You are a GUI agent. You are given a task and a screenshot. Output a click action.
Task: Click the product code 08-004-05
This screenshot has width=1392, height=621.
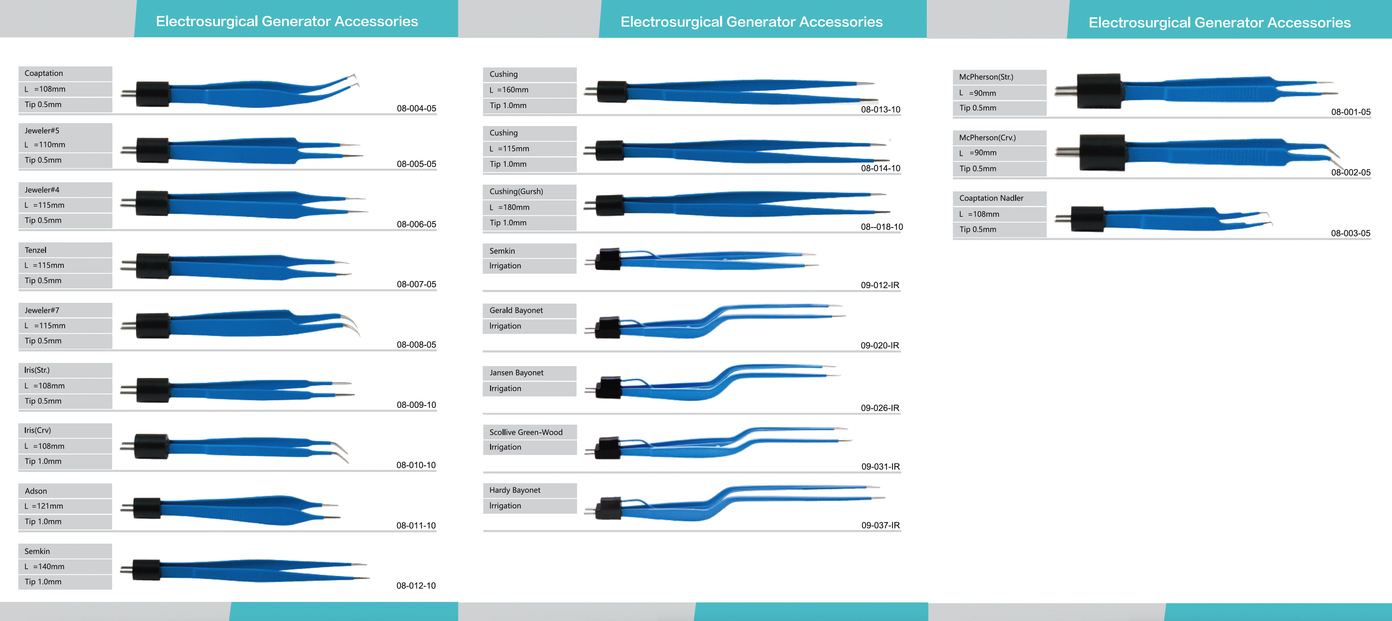[416, 108]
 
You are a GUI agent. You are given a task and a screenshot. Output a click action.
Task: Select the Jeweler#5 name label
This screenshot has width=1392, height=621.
[42, 130]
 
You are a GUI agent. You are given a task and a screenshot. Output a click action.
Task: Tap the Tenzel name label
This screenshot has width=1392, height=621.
[36, 250]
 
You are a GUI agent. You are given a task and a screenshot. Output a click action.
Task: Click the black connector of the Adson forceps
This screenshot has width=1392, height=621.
[147, 508]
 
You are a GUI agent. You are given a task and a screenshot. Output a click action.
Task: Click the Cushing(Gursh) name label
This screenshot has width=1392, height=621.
[516, 191]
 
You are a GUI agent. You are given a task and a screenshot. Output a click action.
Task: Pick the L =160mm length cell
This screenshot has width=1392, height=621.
[509, 90]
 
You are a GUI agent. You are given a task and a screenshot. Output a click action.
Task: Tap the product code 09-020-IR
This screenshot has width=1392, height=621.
[880, 345]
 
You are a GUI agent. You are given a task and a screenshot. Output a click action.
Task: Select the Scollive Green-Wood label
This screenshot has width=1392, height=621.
[526, 432]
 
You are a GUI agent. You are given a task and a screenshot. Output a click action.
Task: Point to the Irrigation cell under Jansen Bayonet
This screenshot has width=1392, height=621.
[505, 388]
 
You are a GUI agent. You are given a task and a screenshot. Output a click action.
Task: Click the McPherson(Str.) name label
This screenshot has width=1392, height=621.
[986, 77]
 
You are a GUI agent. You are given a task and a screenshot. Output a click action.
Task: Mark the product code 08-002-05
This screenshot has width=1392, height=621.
[1350, 172]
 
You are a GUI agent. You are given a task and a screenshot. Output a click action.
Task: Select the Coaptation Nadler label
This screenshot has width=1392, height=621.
[991, 198]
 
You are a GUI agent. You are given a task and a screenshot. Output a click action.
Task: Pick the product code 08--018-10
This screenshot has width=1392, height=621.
[881, 227]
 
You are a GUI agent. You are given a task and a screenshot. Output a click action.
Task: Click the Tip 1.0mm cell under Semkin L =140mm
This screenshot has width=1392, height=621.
[43, 582]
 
